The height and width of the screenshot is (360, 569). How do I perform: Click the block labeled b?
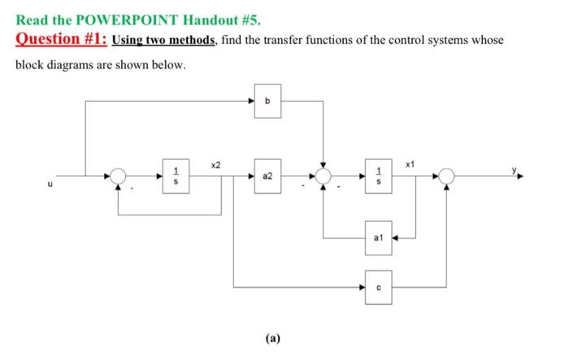click(267, 101)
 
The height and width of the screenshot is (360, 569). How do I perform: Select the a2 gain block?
click(267, 175)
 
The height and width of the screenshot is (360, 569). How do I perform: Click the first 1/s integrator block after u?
click(173, 175)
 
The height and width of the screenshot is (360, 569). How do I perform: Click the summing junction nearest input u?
click(119, 175)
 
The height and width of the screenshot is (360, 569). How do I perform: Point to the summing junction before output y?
click(446, 175)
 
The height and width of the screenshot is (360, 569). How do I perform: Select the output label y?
click(514, 169)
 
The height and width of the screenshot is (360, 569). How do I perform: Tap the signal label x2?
click(215, 165)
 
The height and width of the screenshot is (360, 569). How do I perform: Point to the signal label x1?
click(412, 165)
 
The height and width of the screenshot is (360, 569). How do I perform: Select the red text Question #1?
click(61, 39)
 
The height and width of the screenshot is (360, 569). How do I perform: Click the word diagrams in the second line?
click(74, 63)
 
